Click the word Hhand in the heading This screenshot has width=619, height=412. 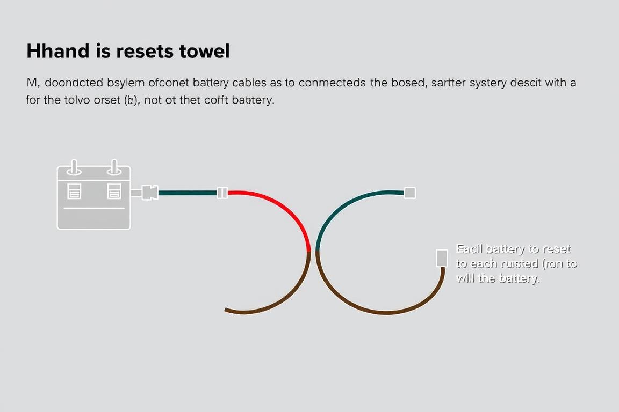coord(58,51)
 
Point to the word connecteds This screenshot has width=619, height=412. coord(333,83)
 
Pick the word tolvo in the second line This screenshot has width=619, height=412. coord(82,100)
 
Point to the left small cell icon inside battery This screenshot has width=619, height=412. coord(74,190)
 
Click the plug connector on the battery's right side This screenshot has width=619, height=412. coord(149,193)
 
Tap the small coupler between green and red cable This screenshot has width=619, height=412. coord(222,193)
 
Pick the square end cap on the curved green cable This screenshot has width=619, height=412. coord(409,193)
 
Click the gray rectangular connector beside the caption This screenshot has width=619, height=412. coord(442,258)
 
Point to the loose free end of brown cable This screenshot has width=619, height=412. coord(227,310)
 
